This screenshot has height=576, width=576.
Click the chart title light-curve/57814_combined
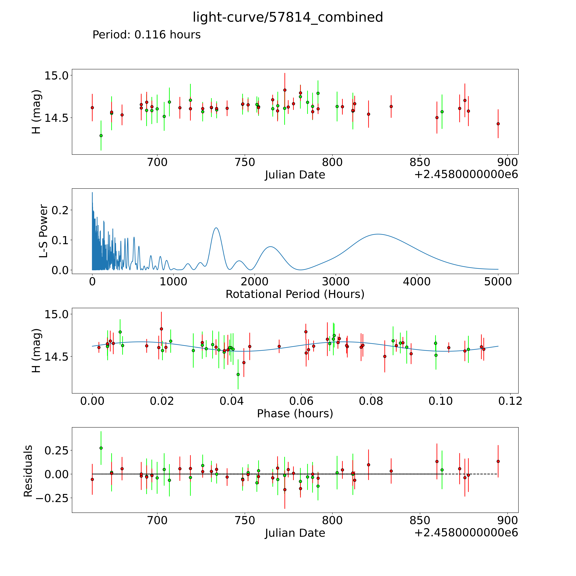(x=288, y=17)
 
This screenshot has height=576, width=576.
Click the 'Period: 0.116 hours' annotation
(x=146, y=35)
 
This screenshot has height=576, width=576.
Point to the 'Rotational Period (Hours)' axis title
(x=295, y=294)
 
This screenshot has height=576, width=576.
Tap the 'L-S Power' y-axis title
(x=44, y=231)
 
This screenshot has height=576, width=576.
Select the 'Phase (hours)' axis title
(x=295, y=414)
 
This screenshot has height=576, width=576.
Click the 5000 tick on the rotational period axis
(x=498, y=282)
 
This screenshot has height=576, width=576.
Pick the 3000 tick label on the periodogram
(x=336, y=282)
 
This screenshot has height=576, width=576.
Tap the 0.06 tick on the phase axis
(x=301, y=401)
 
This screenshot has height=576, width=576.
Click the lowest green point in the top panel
(x=101, y=136)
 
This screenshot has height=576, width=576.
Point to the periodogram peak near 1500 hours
(x=216, y=228)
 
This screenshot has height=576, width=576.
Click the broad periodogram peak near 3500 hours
(x=378, y=234)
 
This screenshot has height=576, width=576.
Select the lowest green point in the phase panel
(x=238, y=375)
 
